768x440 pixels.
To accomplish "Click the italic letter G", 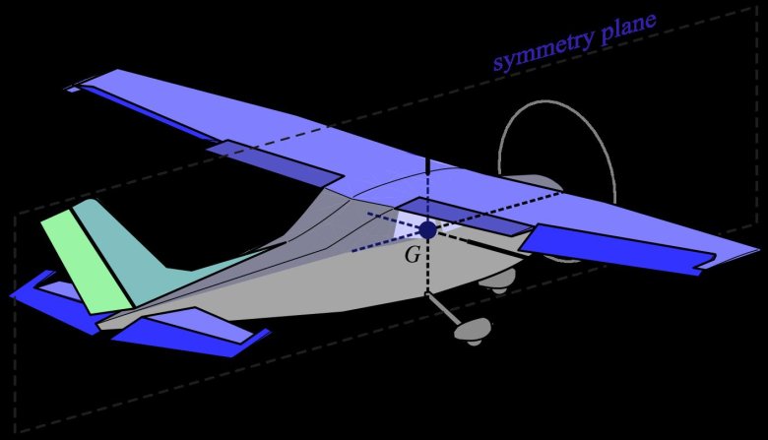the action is [413, 255].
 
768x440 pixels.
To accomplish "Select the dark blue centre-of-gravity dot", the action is [428, 229].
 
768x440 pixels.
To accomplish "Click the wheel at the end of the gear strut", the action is [474, 330].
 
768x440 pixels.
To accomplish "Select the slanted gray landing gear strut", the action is [443, 308].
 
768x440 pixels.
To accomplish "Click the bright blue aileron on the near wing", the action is [617, 249].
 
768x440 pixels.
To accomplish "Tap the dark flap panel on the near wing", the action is [463, 217].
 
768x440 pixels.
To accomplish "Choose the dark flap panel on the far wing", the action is [275, 163].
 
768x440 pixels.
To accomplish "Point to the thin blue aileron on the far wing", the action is [147, 111].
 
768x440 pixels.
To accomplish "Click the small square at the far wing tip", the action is [73, 90].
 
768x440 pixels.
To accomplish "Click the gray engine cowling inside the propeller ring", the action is [533, 183].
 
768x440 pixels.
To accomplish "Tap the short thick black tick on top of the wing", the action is [428, 166].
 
